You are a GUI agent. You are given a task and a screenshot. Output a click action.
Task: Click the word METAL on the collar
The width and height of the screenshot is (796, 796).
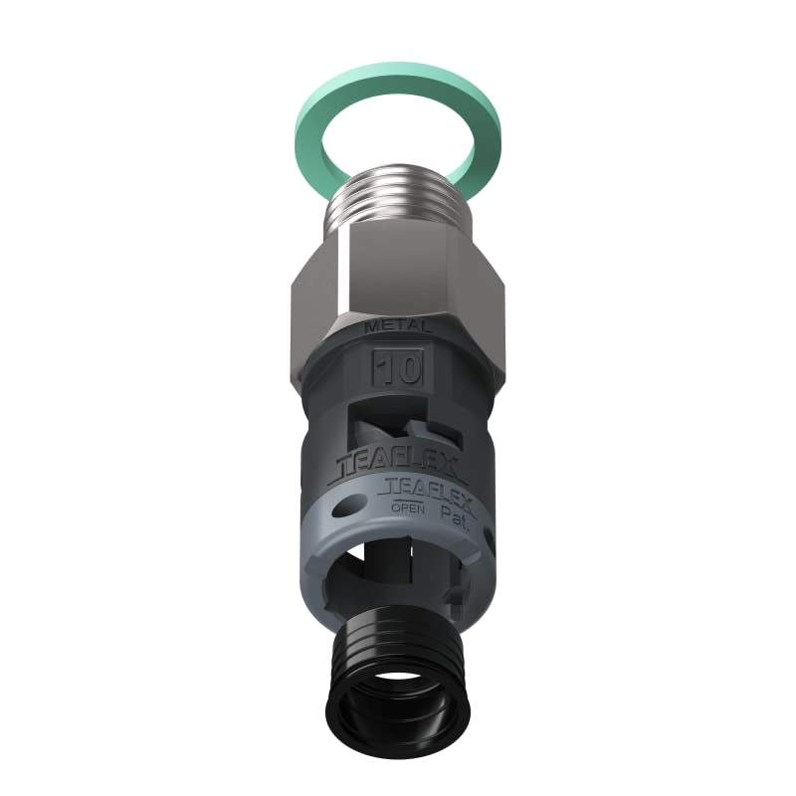pyautogui.click(x=398, y=326)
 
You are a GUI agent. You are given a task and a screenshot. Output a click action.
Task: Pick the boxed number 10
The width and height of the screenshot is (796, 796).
pyautogui.click(x=398, y=369)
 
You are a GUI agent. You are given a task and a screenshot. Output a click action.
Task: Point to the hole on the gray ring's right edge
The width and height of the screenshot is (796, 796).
pyautogui.click(x=488, y=537)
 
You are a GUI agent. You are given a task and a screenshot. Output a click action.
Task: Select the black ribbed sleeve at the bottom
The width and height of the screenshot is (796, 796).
pyautogui.click(x=398, y=647)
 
